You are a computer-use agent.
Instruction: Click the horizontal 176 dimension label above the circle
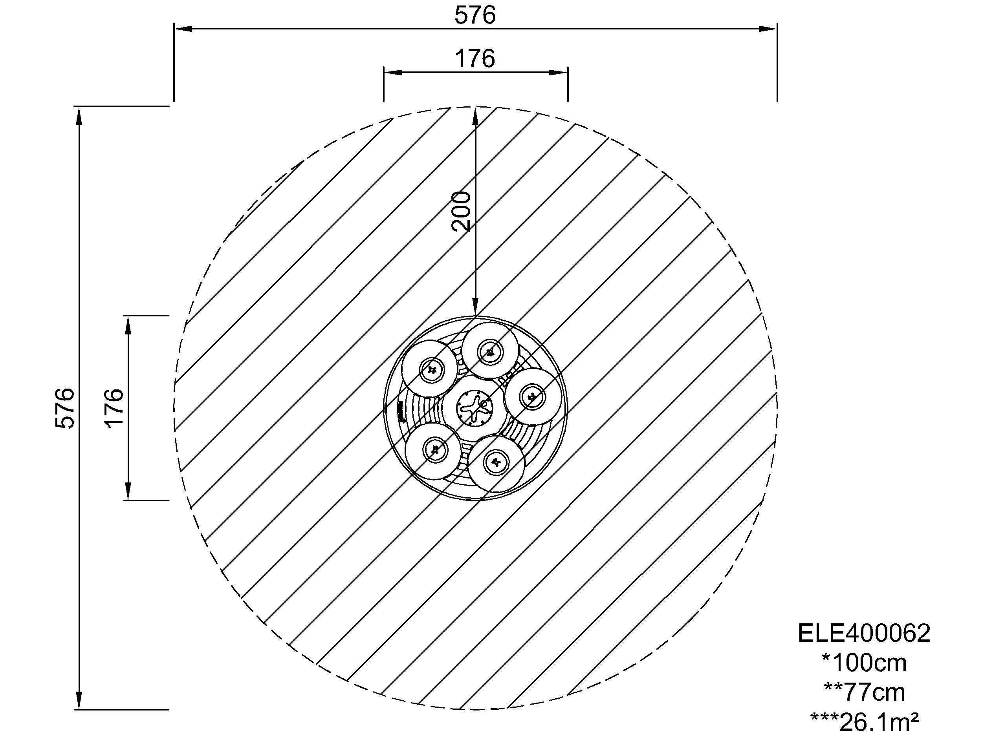coord(475,58)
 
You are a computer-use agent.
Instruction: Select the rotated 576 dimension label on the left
coord(65,408)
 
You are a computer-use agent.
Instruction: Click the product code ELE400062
coord(864,633)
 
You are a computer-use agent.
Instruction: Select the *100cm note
coord(864,663)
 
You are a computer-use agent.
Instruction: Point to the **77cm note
coord(864,692)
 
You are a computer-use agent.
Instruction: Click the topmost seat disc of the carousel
coord(490,351)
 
